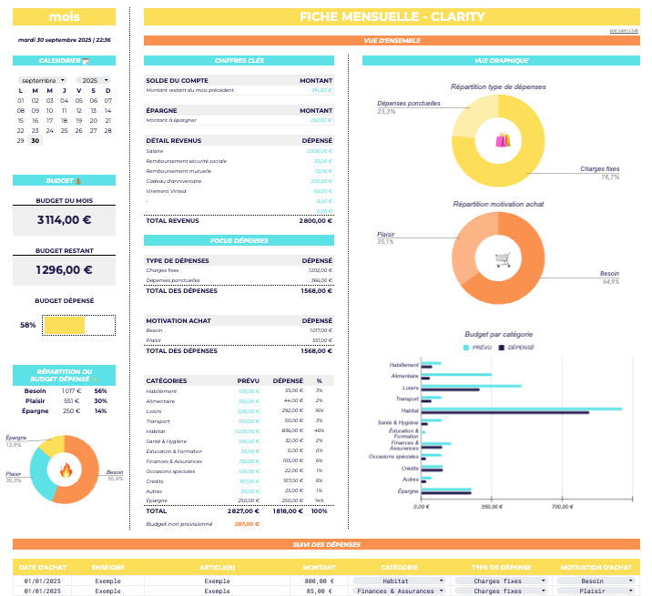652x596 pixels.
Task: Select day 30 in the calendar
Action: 36,141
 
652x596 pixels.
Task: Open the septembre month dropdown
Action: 43,80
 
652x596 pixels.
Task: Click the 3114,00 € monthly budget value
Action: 64,219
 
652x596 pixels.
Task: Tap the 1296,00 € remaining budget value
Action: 64,269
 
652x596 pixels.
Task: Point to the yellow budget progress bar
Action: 65,325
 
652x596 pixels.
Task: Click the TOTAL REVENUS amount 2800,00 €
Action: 315,220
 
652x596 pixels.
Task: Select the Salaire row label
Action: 155,150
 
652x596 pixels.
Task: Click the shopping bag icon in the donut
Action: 503,140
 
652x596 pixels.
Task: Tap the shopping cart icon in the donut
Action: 502,259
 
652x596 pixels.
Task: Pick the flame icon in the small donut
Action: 66,470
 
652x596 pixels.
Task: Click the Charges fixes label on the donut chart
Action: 599,169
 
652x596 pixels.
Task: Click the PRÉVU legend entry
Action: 478,348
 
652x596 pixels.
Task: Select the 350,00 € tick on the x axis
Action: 492,507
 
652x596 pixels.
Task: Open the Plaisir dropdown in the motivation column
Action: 593,591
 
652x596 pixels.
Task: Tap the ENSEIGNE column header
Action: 108,568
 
